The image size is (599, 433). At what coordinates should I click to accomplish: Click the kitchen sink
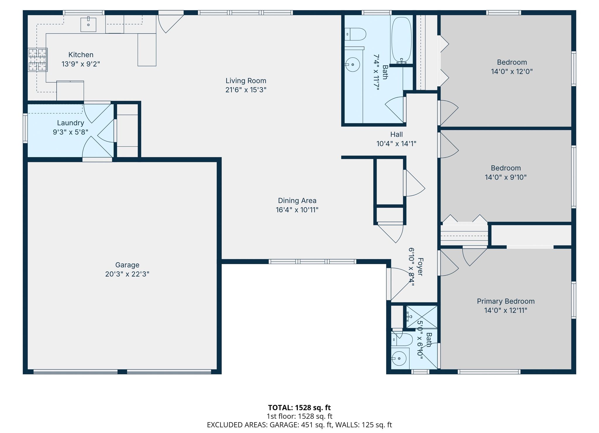pos(88,24)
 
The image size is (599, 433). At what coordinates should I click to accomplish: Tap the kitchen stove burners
pos(38,60)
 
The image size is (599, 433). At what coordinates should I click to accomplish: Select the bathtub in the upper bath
pos(401,40)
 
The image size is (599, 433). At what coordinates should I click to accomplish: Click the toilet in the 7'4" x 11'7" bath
pos(355,34)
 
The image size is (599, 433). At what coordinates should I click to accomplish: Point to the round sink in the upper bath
pos(353,64)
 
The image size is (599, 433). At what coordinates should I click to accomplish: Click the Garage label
pos(127,265)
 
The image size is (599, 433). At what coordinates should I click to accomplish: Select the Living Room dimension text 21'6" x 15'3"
pos(246,90)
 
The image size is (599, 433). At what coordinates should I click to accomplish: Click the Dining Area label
pos(297,201)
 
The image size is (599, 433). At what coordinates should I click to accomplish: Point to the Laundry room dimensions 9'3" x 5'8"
pos(70,132)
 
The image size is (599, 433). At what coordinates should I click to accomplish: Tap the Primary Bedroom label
pos(506,301)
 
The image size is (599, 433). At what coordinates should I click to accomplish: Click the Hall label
pos(396,134)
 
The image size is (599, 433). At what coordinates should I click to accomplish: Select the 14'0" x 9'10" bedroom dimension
pos(506,177)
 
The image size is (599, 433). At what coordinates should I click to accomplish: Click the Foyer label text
pos(420,267)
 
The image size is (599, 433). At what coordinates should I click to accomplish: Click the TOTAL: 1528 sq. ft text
pos(299,408)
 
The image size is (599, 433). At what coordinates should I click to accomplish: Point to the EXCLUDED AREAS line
pos(299,425)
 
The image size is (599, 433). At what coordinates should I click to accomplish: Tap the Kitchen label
pos(81,55)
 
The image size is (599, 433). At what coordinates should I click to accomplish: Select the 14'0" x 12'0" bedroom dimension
pos(512,71)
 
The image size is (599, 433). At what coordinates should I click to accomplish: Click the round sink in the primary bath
pos(399,359)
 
